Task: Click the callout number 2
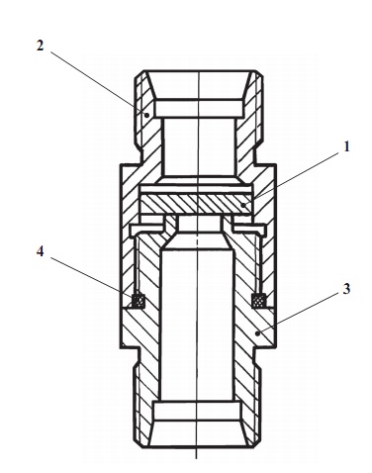tap(40, 46)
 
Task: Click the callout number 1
tap(346, 147)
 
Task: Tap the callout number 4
tap(40, 251)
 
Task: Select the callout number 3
tap(346, 289)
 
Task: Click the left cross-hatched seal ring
tap(139, 301)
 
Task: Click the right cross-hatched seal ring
tap(258, 301)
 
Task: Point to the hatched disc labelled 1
tap(197, 205)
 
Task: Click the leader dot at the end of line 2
tap(147, 115)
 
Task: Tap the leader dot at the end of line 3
tap(257, 333)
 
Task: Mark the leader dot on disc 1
tap(243, 205)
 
